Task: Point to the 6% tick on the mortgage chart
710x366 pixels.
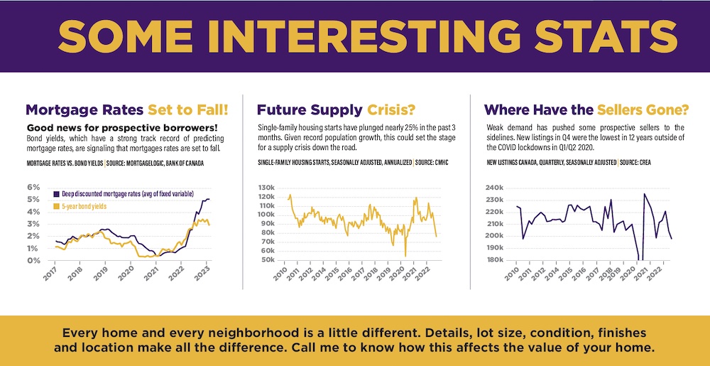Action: pos(33,188)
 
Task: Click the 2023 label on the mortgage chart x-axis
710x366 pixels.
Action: pos(202,271)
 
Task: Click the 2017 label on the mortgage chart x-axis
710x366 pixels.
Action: pos(50,271)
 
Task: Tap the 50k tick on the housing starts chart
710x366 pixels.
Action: pos(267,261)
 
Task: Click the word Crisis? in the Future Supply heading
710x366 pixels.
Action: pos(391,110)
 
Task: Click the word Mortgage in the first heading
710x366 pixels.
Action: pos(60,110)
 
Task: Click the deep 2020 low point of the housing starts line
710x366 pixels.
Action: pos(405,255)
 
